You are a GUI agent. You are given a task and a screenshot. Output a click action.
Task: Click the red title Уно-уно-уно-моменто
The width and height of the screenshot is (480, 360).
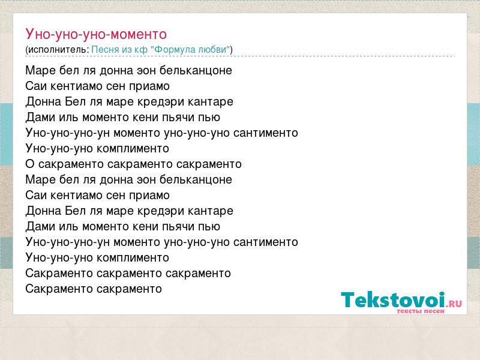point(96,34)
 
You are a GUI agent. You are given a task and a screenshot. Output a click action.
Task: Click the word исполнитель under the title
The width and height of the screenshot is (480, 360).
point(58,50)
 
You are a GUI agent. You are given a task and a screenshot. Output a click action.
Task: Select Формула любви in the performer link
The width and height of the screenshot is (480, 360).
point(190,49)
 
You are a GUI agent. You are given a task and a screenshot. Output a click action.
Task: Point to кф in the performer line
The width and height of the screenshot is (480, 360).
point(141,50)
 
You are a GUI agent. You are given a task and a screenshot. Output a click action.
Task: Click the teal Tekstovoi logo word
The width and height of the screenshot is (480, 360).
point(393,299)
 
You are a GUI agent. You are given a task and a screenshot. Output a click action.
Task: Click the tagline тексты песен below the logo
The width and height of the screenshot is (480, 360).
point(421,311)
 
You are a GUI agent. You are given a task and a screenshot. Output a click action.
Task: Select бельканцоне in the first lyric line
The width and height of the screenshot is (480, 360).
point(196,70)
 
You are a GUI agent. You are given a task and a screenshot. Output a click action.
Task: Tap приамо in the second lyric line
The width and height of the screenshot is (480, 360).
point(149,86)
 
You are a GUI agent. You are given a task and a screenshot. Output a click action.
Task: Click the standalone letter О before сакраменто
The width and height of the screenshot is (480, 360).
point(29,164)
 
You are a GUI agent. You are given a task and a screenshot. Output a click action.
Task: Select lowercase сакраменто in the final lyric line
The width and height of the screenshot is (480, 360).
point(129,289)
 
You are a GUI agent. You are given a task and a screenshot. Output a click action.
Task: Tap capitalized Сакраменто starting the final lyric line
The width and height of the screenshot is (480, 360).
point(59,289)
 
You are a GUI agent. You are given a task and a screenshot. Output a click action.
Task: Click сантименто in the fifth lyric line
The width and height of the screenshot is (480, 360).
point(266,133)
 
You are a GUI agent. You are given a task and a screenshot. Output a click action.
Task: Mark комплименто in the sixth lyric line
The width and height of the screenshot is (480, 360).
point(133,149)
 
